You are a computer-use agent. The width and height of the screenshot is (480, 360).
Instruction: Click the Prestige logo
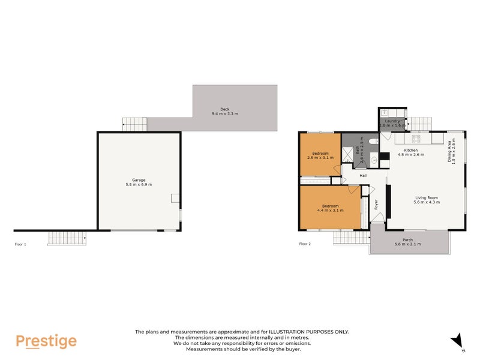tap(46, 341)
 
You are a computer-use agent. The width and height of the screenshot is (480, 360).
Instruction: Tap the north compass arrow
tap(458, 340)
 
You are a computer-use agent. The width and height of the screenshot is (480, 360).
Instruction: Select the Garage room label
tap(139, 179)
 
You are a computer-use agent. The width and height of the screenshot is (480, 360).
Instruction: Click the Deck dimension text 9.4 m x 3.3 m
tap(224, 114)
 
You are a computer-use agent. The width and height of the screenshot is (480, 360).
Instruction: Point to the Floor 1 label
tap(21, 244)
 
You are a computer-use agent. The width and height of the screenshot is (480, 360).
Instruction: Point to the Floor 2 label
tap(305, 244)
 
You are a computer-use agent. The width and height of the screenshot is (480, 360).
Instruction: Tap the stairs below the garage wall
tap(67, 238)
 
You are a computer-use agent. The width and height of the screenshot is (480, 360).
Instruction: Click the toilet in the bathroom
tap(373, 141)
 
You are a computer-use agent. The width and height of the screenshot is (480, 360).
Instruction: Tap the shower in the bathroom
tap(348, 154)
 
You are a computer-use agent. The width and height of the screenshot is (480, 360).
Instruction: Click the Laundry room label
tap(392, 121)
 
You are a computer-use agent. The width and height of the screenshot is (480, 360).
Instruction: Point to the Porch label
tap(407, 239)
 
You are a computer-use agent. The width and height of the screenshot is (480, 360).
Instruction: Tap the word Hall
tap(363, 176)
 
